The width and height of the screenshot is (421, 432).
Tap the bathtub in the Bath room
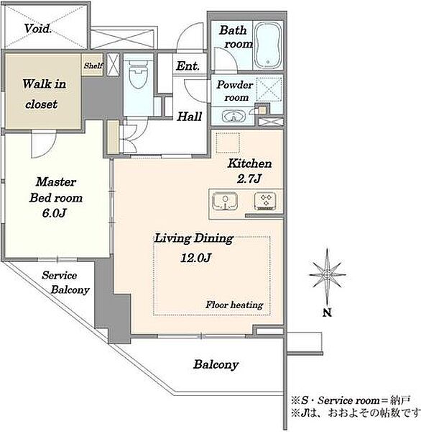point(268,45)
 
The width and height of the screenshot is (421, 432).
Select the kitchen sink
point(225,201)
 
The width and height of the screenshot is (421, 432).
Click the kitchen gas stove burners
point(265,201)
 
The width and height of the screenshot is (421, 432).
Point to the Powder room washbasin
point(233,116)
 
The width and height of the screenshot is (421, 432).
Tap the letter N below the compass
point(327,312)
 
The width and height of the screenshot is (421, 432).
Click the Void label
point(37,29)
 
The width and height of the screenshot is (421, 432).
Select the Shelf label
point(93,66)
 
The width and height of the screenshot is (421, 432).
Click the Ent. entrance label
point(188,66)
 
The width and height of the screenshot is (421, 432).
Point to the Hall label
point(190,116)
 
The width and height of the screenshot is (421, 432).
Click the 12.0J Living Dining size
point(196,258)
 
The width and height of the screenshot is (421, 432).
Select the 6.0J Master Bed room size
point(55,213)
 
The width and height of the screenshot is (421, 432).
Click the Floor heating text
point(234,305)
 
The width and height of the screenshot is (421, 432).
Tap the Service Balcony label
point(65,283)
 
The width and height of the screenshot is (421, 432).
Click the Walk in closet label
point(44,94)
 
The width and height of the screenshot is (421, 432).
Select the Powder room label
point(234,91)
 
